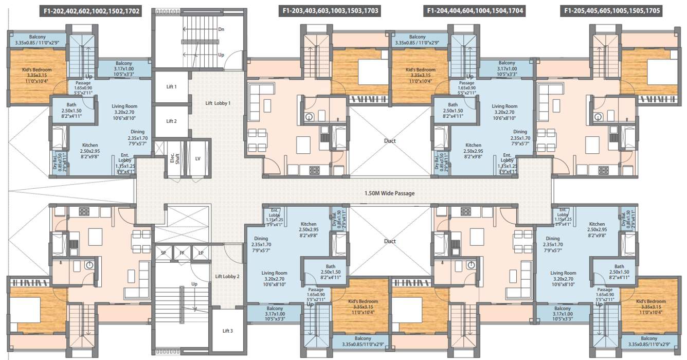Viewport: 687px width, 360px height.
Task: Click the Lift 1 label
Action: [171, 87]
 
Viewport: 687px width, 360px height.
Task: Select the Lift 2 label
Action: [171, 121]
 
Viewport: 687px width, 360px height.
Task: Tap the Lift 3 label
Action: [228, 331]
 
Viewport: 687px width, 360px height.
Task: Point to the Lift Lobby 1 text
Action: [218, 103]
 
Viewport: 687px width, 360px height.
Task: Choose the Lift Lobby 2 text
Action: [227, 277]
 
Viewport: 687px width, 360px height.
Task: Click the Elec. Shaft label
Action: [175, 159]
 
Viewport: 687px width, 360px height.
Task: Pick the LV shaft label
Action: [197, 159]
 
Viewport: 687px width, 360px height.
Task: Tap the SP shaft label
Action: [163, 253]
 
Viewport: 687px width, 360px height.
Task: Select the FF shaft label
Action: [182, 253]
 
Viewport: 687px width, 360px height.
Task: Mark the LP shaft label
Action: [201, 253]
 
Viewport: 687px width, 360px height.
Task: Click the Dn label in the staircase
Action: [221, 29]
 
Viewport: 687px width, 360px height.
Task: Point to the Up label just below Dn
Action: [221, 55]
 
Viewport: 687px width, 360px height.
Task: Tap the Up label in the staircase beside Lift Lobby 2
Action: [194, 284]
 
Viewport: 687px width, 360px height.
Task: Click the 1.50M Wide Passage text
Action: [389, 193]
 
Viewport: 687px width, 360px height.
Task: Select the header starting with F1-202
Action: [92, 10]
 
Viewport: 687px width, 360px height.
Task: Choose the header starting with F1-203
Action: [330, 10]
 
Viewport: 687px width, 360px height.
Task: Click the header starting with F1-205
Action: [612, 10]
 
